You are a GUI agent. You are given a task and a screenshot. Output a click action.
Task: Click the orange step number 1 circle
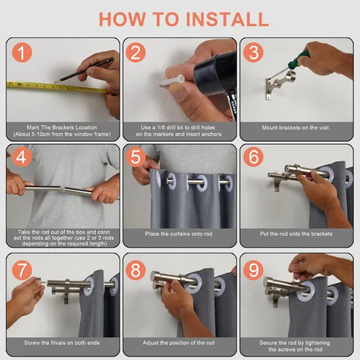pyautogui.click(x=22, y=53)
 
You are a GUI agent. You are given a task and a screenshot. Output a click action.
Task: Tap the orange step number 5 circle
pyautogui.click(x=135, y=157)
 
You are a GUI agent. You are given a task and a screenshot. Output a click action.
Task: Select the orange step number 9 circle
pyautogui.click(x=253, y=270)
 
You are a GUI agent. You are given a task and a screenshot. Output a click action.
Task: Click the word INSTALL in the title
pyautogui.click(x=227, y=19)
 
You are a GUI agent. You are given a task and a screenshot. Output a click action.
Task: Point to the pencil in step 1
pyautogui.click(x=84, y=70)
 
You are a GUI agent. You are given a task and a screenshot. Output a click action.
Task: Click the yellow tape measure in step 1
pyautogui.click(x=57, y=87)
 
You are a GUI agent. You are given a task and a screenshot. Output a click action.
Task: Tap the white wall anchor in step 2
pyautogui.click(x=172, y=81)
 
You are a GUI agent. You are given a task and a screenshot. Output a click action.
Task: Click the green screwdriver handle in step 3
pyautogui.click(x=298, y=59)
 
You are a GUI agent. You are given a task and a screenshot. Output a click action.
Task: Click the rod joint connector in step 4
pyautogui.click(x=63, y=189)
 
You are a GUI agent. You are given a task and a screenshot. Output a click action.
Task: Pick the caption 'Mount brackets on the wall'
pyautogui.click(x=295, y=127)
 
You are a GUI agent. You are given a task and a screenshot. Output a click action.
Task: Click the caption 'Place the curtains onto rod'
pyautogui.click(x=179, y=234)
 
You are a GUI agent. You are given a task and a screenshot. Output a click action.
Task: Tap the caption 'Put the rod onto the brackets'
pyautogui.click(x=296, y=234)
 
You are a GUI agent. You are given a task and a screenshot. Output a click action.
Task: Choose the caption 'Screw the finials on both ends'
pyautogui.click(x=62, y=343)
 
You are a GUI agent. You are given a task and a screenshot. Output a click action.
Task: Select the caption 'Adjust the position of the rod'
pyautogui.click(x=179, y=343)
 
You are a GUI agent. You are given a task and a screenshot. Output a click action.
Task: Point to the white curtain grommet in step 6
pyautogui.click(x=327, y=174)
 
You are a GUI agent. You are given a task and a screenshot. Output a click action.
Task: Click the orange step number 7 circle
pyautogui.click(x=22, y=270)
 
